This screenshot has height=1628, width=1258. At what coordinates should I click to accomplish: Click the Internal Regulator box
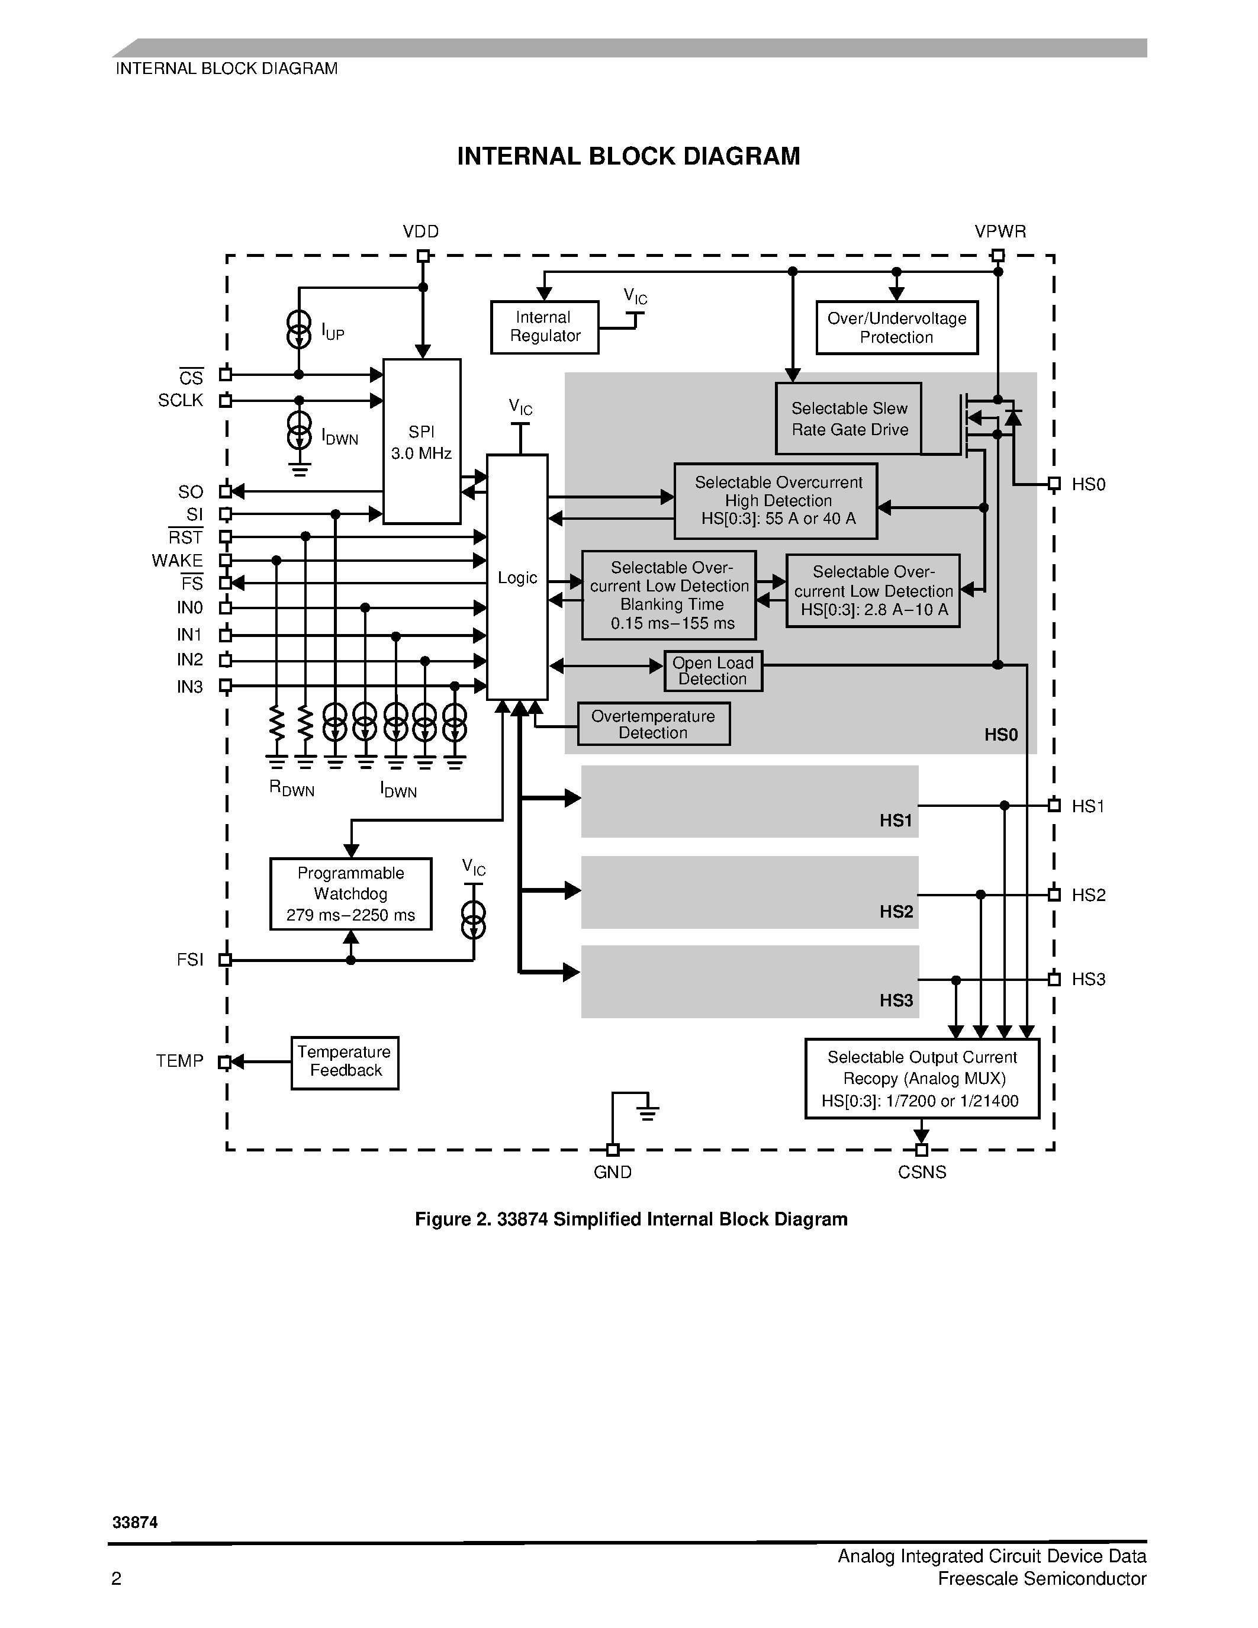point(544,327)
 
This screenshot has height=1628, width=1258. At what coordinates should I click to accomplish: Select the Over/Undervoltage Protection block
point(896,328)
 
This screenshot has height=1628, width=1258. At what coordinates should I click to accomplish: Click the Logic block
point(517,578)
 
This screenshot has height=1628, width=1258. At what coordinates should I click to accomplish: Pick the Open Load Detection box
point(713,671)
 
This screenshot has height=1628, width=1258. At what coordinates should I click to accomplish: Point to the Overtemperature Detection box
point(654,725)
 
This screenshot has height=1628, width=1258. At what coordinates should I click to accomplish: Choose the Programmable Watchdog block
point(350,894)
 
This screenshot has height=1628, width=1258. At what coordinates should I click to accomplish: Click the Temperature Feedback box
point(345,1061)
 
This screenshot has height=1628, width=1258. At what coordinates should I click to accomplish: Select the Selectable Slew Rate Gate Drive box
point(849,419)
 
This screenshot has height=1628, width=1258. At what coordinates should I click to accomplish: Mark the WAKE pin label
point(178,561)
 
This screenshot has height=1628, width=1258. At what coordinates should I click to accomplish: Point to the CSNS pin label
point(922,1173)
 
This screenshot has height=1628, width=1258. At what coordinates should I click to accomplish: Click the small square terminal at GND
point(613,1150)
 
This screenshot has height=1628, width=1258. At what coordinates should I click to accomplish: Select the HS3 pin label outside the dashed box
point(1088,980)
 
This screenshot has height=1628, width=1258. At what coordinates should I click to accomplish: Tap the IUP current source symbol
point(299,330)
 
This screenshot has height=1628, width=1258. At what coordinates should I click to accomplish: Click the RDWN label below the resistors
point(291,789)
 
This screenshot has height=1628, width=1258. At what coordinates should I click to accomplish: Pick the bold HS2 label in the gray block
point(896,912)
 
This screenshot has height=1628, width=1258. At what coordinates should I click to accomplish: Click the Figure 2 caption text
point(630,1220)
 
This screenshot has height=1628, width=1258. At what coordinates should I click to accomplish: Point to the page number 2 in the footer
point(116,1579)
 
